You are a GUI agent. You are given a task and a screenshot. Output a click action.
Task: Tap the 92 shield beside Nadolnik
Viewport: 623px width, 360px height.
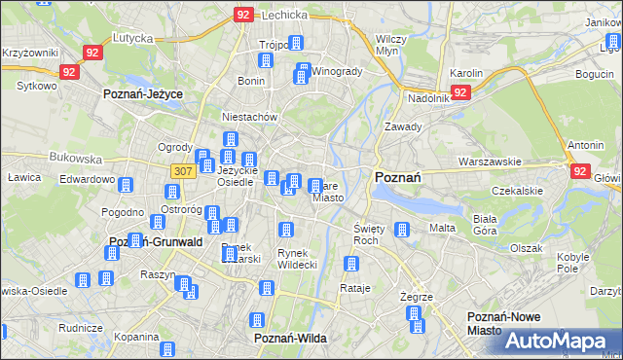pos(461,92)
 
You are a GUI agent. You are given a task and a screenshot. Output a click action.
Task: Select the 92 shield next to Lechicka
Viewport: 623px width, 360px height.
pos(243,15)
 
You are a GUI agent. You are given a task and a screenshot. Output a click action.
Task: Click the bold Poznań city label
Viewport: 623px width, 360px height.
pos(397,177)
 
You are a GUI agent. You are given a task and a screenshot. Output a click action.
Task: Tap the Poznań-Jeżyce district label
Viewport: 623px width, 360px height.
pos(144,93)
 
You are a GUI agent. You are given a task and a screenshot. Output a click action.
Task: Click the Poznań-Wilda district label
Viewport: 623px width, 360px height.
pos(289,338)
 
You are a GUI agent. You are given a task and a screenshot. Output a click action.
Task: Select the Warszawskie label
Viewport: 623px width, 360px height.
pos(492,162)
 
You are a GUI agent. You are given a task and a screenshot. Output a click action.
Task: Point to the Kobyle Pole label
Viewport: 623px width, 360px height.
pos(574,262)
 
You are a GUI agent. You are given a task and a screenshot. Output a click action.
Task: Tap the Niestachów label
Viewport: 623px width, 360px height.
pos(251,117)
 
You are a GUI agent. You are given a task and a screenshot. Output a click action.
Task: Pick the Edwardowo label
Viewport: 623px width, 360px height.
pos(88,179)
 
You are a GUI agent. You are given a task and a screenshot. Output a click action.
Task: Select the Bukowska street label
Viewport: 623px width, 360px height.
pos(77,157)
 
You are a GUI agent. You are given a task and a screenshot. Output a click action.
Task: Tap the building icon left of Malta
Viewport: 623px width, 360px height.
pos(401,230)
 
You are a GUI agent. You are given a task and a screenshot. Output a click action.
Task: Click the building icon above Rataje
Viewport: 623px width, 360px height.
pos(351,264)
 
